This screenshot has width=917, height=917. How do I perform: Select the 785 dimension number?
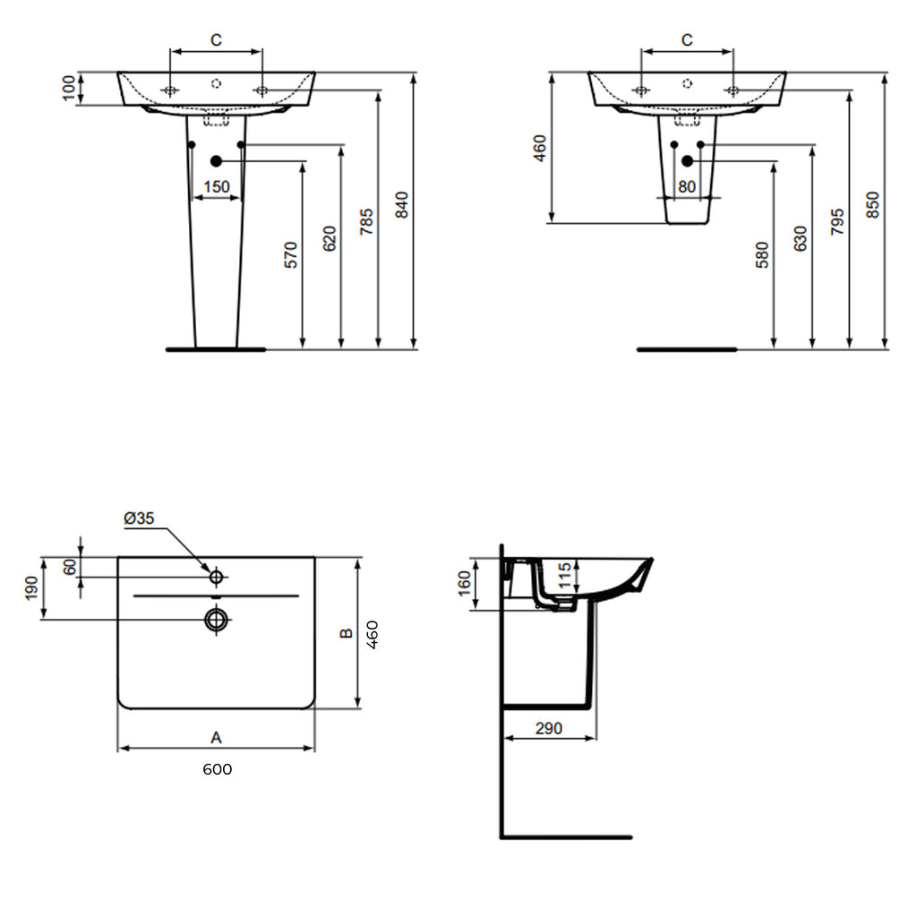pos(366,220)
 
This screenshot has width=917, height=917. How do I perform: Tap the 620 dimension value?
pos(329,238)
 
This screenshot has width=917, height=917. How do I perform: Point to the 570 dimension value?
pos(291,254)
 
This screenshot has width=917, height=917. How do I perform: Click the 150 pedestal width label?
pos(217,186)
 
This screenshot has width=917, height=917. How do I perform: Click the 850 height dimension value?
pos(873,205)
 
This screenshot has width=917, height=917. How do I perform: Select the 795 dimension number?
pos(836,221)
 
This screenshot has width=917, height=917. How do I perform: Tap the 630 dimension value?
pos(800,238)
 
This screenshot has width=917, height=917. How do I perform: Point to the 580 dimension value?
pos(762,254)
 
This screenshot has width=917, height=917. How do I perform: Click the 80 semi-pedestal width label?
pos(687,186)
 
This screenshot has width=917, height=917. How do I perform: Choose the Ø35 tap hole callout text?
pos(140,518)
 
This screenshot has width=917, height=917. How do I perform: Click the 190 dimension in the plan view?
pos(31,588)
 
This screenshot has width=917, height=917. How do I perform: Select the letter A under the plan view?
pos(215,737)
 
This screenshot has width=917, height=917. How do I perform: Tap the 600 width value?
pos(217,769)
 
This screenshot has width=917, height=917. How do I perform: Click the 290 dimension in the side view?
pos(548,728)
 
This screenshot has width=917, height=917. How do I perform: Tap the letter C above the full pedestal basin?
pos(216,39)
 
